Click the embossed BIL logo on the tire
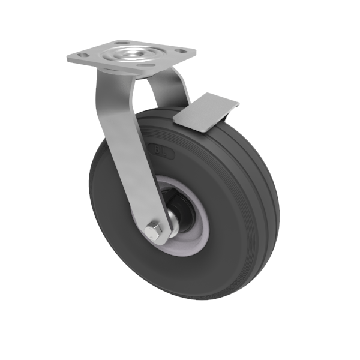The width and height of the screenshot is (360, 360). point(160,151)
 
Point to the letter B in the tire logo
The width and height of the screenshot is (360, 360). point(155,148)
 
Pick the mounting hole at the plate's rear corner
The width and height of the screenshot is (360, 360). point(124,43)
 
